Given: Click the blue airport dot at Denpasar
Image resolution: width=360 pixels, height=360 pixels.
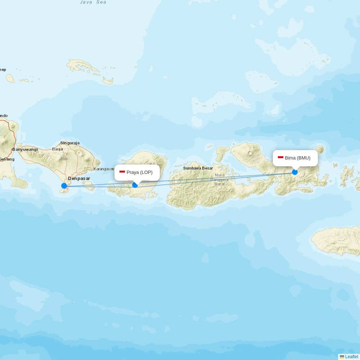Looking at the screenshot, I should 64,186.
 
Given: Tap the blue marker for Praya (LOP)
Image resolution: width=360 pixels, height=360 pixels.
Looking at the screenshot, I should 135,185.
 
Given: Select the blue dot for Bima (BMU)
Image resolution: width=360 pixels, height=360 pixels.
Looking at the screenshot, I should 295,172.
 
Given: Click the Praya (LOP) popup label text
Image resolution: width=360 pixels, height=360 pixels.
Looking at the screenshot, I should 139,172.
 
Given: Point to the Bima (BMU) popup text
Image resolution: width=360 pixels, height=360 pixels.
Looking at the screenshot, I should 297,158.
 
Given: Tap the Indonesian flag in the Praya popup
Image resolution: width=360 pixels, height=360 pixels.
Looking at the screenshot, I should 122,172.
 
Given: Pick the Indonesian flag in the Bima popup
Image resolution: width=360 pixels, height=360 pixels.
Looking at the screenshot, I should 280,158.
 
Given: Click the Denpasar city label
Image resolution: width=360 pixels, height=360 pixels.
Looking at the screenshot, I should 79,179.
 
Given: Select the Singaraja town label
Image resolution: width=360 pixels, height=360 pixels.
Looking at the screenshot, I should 70,143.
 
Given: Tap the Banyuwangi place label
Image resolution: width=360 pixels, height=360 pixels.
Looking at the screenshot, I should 25,149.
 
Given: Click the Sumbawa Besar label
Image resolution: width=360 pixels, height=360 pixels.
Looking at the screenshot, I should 198,168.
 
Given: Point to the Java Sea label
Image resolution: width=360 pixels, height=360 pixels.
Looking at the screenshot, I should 93,2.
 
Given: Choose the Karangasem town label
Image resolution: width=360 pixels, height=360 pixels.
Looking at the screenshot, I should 104,169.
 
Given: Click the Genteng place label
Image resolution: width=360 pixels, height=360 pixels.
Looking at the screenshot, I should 7,159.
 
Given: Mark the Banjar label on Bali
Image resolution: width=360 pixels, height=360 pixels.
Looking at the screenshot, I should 58,149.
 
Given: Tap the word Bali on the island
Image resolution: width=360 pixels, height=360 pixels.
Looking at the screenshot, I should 64,159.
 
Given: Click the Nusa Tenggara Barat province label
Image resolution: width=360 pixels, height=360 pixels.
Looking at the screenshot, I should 220,179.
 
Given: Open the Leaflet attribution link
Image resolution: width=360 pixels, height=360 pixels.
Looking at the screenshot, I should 351,357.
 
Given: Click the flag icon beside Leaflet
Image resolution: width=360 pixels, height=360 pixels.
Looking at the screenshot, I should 342,357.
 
